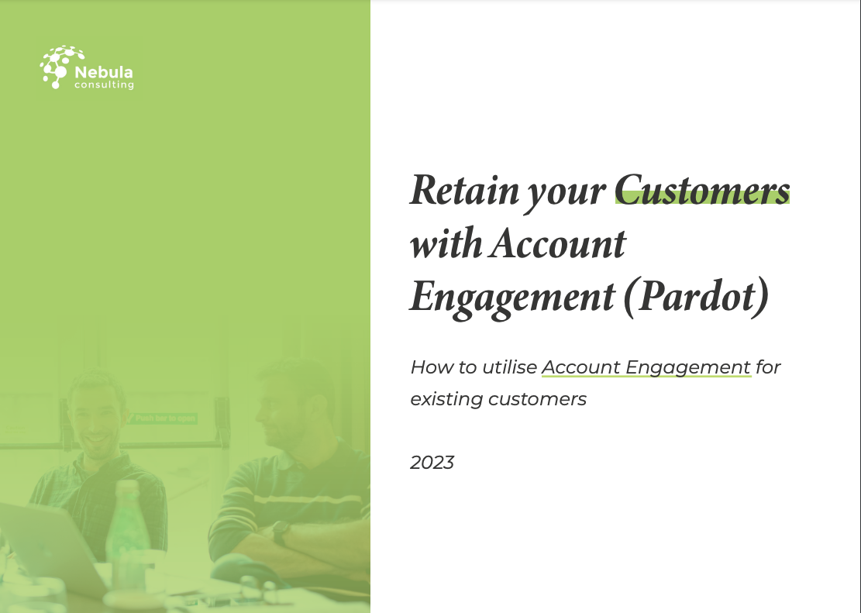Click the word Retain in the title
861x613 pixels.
click(x=464, y=190)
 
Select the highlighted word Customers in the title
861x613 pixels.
click(x=702, y=190)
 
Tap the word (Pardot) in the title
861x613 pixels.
click(x=696, y=297)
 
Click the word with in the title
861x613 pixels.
click(x=446, y=243)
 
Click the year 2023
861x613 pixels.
click(x=432, y=463)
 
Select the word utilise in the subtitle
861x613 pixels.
click(x=510, y=367)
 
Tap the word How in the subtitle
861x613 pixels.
click(x=429, y=367)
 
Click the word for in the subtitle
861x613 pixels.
click(x=768, y=367)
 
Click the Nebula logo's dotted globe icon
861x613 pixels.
click(x=57, y=67)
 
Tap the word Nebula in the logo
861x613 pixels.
click(x=104, y=72)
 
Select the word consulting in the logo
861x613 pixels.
click(x=105, y=85)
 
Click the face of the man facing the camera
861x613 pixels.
click(x=97, y=420)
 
